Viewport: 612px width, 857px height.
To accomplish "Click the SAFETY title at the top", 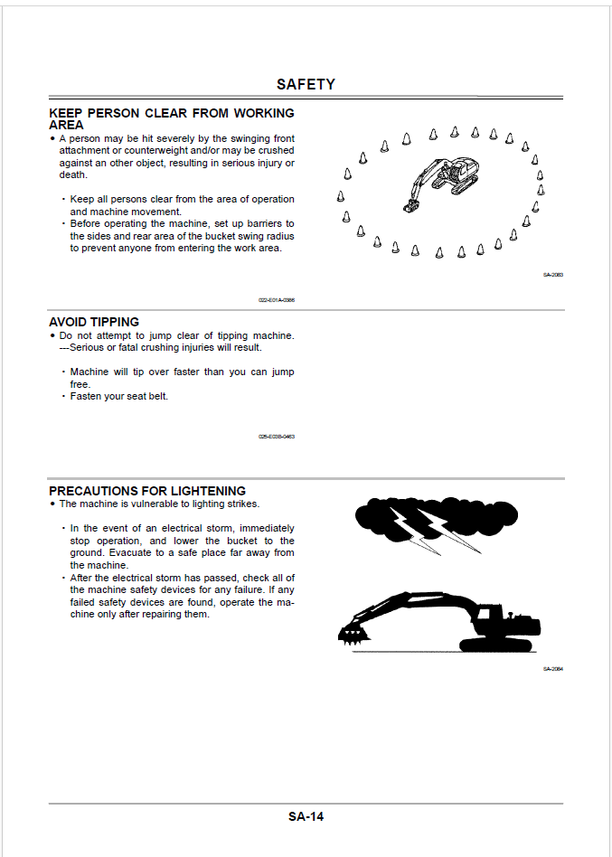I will click(x=306, y=84).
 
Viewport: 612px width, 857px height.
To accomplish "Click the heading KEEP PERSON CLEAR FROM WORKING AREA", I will click(x=171, y=118).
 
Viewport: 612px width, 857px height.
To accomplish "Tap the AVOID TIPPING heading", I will click(x=94, y=322).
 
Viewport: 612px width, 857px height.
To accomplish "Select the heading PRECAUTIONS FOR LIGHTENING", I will click(x=147, y=491).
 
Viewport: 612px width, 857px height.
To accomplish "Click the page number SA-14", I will click(x=306, y=816).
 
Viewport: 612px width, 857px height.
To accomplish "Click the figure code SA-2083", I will click(x=552, y=275).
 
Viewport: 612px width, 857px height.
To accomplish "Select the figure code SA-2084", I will click(x=552, y=669).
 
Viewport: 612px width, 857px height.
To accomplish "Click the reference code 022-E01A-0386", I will click(x=276, y=300).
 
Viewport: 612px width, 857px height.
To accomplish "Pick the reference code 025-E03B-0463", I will click(x=276, y=437).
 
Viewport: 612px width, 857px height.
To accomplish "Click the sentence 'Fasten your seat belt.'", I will click(x=119, y=396).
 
